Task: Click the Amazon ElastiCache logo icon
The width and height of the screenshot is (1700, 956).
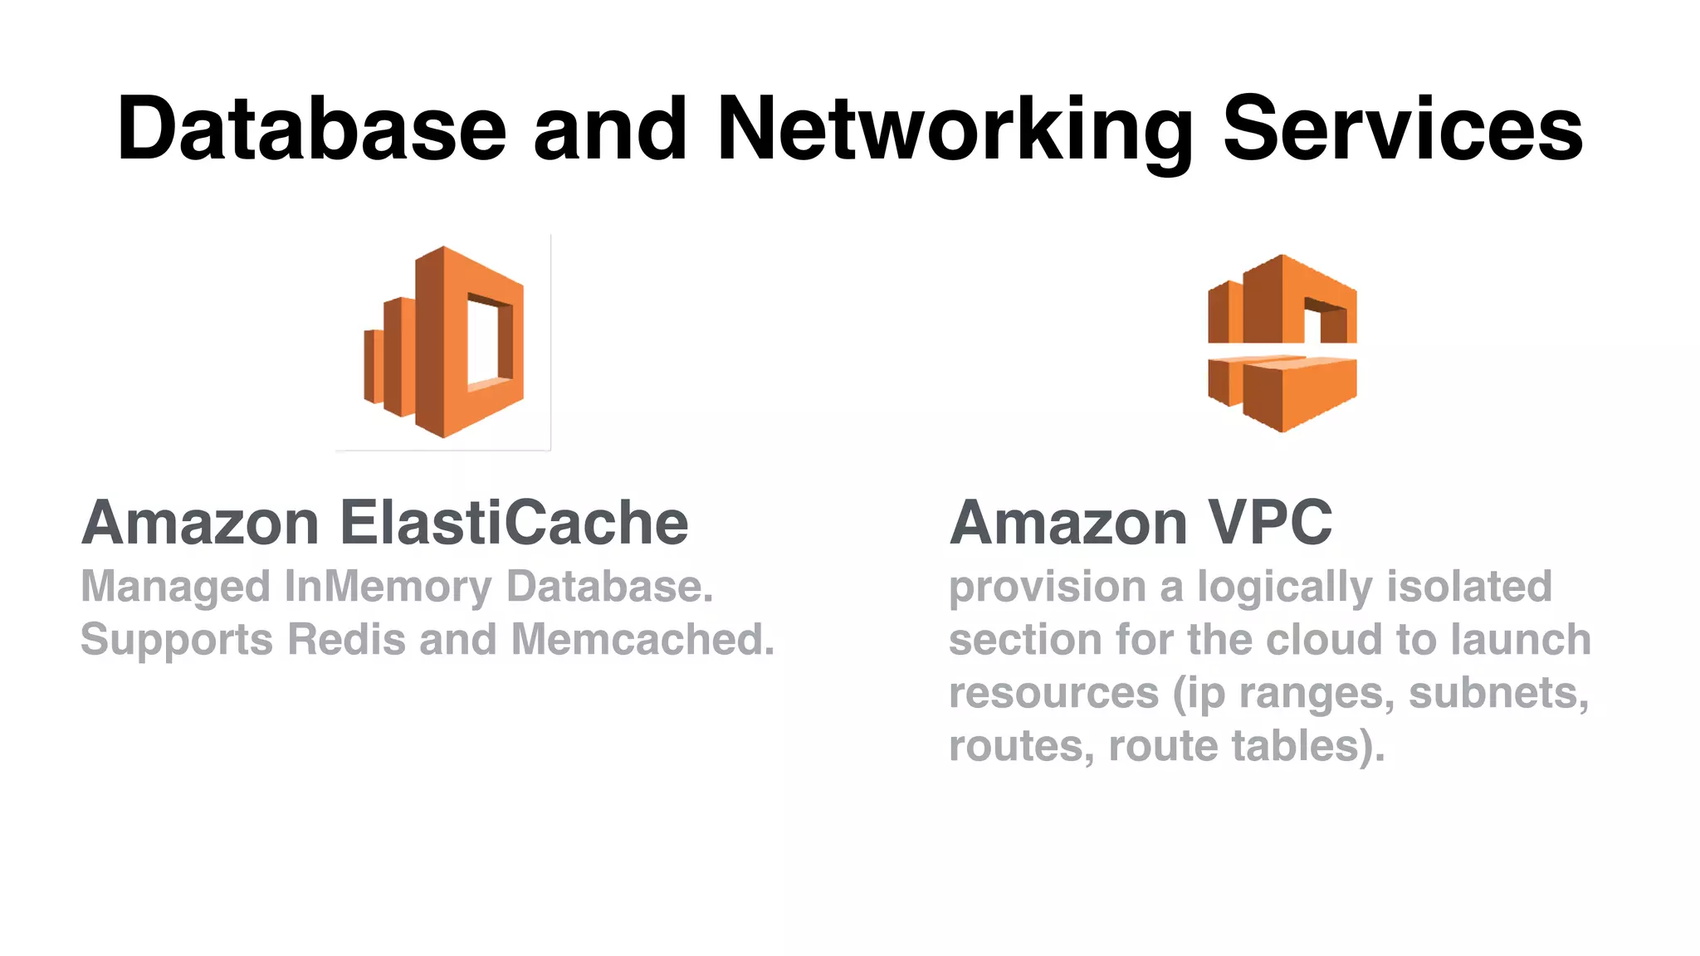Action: [444, 342]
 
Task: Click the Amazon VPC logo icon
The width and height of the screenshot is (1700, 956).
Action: [1282, 342]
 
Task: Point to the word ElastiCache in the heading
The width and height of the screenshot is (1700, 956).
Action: [514, 523]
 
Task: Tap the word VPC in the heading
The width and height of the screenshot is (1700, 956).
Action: [1269, 523]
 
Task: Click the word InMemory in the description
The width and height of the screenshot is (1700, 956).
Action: [388, 587]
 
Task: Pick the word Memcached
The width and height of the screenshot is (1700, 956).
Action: [642, 640]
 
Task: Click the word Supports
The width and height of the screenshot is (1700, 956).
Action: [177, 640]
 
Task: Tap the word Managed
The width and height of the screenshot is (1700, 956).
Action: [175, 587]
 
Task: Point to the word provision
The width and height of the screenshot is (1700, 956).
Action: [1048, 587]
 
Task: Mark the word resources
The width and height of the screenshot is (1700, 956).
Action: [1053, 693]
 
